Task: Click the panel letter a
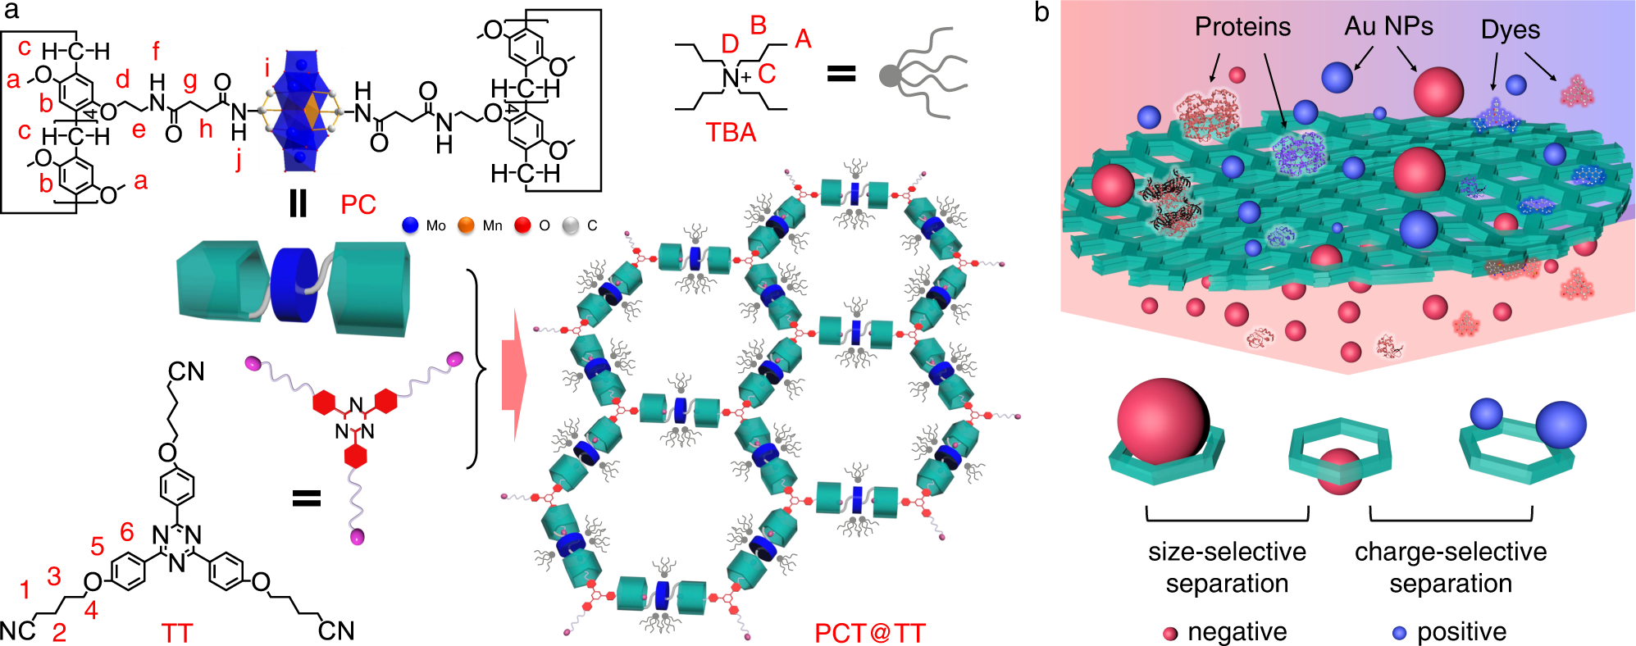[x=11, y=11]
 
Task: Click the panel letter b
[x=1041, y=12]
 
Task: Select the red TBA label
[x=731, y=133]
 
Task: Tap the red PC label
[x=358, y=205]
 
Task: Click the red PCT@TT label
[x=869, y=633]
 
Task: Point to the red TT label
[x=177, y=633]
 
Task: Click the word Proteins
[x=1242, y=27]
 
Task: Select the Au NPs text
[x=1388, y=26]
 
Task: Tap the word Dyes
[x=1510, y=30]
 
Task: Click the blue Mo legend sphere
[x=411, y=225]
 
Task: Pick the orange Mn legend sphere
[x=466, y=225]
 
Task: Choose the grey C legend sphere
[x=571, y=225]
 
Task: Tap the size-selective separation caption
[x=1227, y=567]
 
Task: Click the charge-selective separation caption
[x=1451, y=567]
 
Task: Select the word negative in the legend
[x=1237, y=632]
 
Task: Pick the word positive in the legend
[x=1461, y=632]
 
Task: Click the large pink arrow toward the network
[x=513, y=374]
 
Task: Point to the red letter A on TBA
[x=803, y=39]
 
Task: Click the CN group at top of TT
[x=186, y=371]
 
